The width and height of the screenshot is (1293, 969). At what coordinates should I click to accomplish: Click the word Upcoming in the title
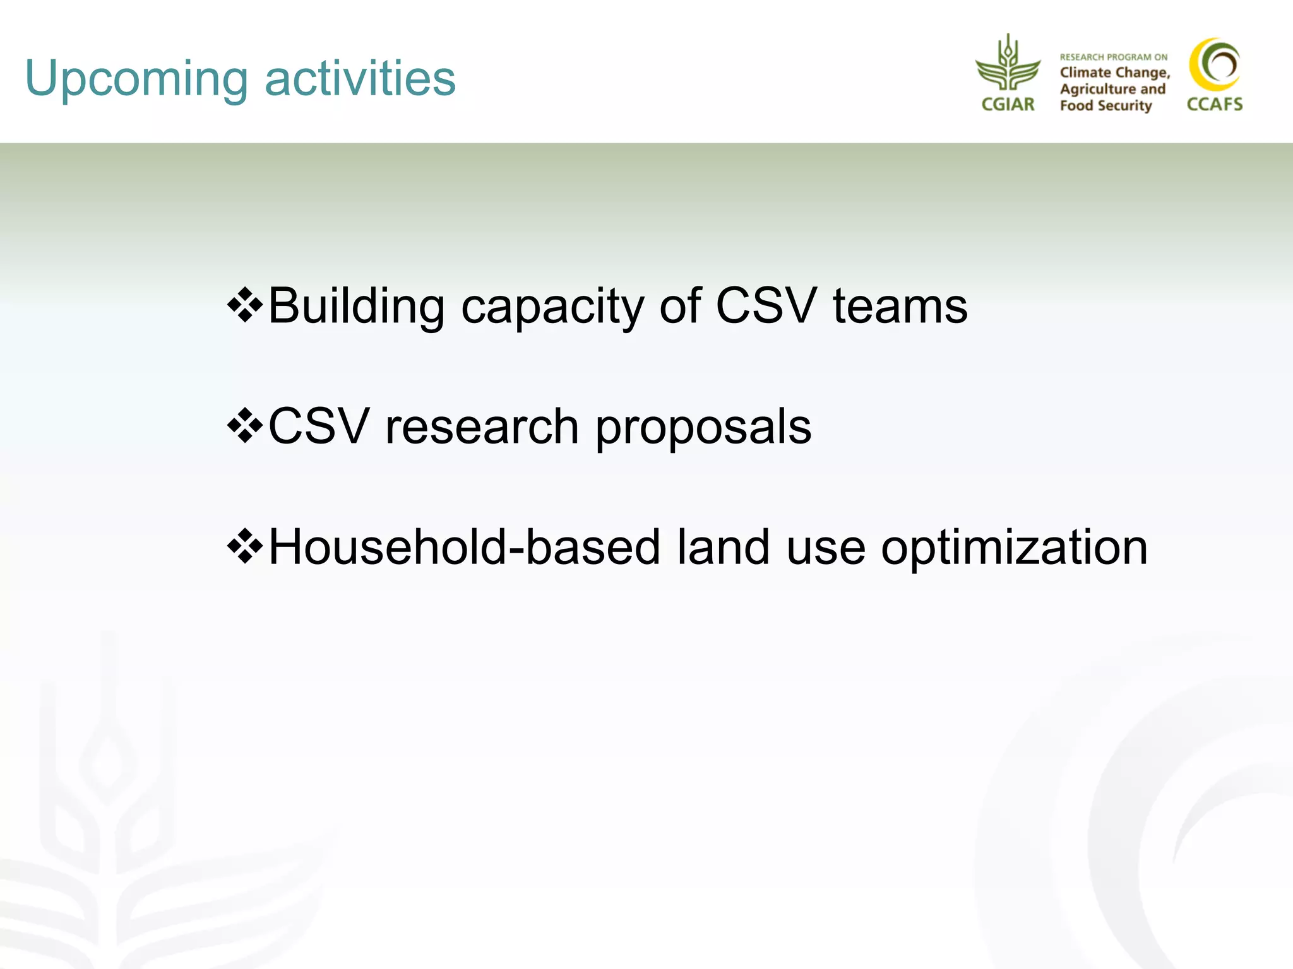click(x=136, y=79)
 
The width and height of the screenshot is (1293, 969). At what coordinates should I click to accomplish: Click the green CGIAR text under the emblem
click(x=1008, y=105)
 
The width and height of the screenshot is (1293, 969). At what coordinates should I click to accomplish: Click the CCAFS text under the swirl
click(x=1215, y=105)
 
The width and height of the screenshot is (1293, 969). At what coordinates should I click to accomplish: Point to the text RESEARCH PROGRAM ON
click(x=1114, y=57)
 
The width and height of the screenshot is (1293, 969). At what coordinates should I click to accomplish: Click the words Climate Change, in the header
click(x=1115, y=73)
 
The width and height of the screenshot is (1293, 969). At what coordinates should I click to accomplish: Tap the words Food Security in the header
click(x=1106, y=106)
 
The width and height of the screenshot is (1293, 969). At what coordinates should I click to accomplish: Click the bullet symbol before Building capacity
click(x=245, y=305)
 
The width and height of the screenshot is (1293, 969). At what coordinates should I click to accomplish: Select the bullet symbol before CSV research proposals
click(x=245, y=426)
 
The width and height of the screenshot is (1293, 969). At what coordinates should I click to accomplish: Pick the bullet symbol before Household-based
click(x=245, y=546)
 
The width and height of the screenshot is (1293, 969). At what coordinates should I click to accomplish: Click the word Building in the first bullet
click(x=357, y=306)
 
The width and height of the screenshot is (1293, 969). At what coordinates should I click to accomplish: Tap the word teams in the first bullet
click(x=900, y=306)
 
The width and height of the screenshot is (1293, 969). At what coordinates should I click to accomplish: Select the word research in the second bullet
click(x=482, y=426)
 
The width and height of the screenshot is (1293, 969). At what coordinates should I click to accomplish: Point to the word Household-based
click(x=465, y=547)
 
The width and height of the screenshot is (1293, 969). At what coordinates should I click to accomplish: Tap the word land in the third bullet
click(x=724, y=547)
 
